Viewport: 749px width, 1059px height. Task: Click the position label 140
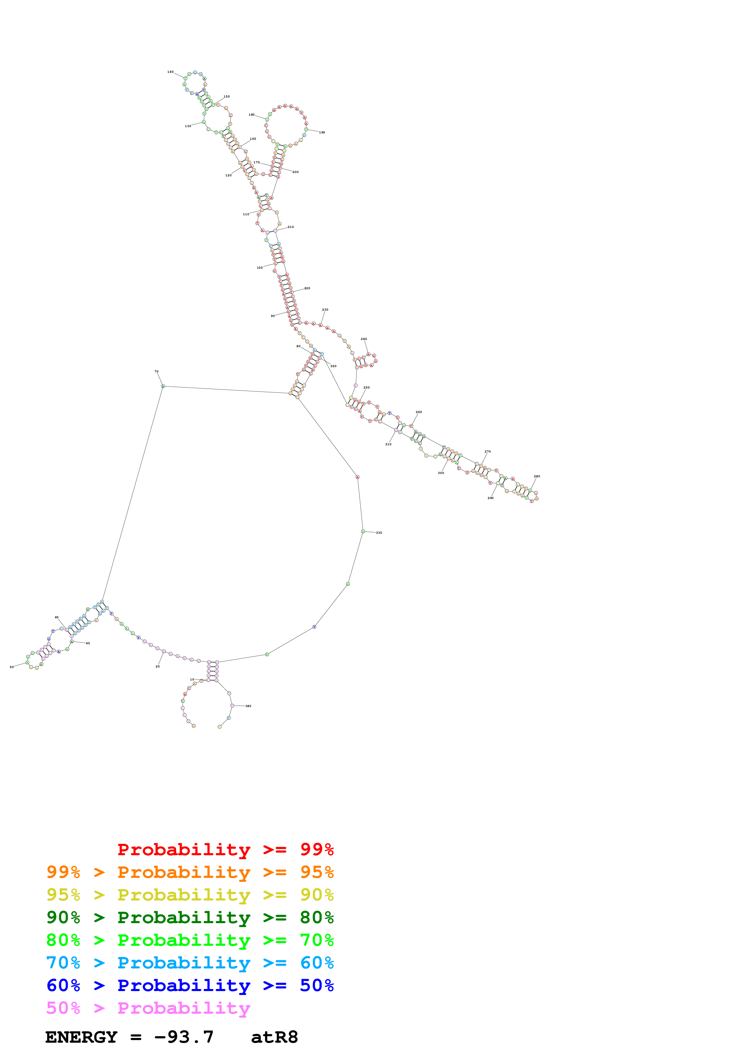170,72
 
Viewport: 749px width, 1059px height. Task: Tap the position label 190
322,132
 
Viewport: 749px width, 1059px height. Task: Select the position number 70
157,371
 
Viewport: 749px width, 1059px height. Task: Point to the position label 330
379,533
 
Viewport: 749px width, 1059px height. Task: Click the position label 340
248,706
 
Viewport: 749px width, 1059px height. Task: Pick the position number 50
11,667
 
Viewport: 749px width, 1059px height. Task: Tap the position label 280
537,476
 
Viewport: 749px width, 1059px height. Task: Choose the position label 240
364,339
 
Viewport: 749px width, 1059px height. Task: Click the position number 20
157,667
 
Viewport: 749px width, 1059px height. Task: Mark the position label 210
291,227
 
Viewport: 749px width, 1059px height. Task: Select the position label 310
388,444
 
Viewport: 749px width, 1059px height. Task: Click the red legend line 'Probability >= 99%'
225,849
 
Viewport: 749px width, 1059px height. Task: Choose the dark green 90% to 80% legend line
190,917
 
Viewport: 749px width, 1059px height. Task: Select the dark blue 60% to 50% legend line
190,985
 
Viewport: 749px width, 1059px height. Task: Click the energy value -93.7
184,1037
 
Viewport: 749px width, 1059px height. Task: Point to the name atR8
274,1037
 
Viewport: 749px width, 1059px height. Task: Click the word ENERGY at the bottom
81,1037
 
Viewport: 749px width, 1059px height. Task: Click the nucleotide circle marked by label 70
163,386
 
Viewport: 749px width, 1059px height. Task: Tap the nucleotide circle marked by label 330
363,531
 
